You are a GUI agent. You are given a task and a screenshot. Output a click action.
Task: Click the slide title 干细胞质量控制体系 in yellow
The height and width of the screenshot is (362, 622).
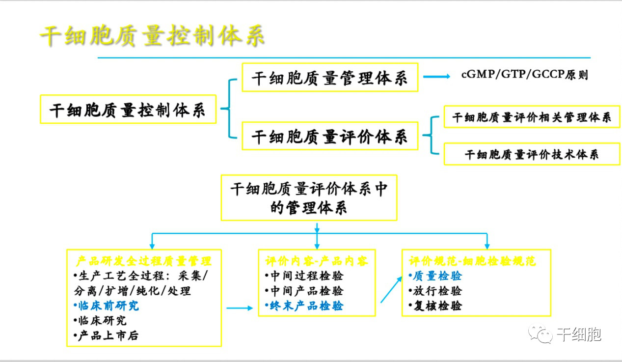[152, 36]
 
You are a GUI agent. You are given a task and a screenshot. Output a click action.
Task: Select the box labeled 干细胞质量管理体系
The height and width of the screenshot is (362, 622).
[329, 77]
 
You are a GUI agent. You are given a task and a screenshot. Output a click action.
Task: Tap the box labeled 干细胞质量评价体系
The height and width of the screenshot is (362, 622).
[329, 136]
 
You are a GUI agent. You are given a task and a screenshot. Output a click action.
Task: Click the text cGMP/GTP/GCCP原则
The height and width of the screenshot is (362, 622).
[524, 75]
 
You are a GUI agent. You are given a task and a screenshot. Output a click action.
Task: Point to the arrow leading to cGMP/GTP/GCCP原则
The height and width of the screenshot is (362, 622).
[436, 77]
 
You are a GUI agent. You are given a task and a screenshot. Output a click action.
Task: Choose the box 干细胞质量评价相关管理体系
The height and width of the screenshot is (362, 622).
[532, 117]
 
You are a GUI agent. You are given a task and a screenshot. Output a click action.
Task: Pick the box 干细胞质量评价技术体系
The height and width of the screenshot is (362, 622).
[532, 154]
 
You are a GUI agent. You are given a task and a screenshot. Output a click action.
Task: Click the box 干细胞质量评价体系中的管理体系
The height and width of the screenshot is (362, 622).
[309, 197]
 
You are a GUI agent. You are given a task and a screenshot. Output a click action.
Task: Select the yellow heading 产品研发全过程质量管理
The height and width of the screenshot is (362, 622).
[144, 260]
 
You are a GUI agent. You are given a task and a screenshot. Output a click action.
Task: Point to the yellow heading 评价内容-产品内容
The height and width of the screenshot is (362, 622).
[316, 260]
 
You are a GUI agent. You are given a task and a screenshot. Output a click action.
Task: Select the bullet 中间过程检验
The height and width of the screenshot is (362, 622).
[306, 276]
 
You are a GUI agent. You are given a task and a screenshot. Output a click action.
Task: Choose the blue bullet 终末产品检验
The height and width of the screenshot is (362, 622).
[306, 306]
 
